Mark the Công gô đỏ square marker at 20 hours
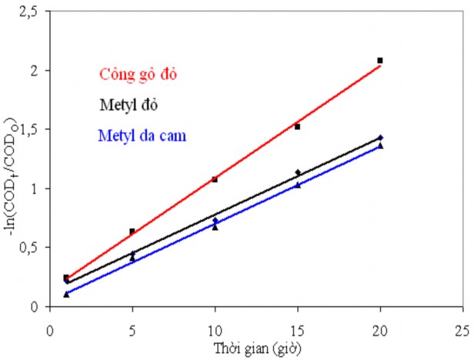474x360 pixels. pos(380,60)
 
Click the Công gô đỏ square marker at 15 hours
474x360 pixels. pos(298,126)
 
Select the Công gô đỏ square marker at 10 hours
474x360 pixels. pos(215,179)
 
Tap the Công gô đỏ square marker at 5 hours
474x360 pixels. pos(132,231)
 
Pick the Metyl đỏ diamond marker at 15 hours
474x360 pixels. pos(298,172)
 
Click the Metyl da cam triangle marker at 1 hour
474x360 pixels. pos(66,294)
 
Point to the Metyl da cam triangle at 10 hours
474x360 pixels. pos(215,228)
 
